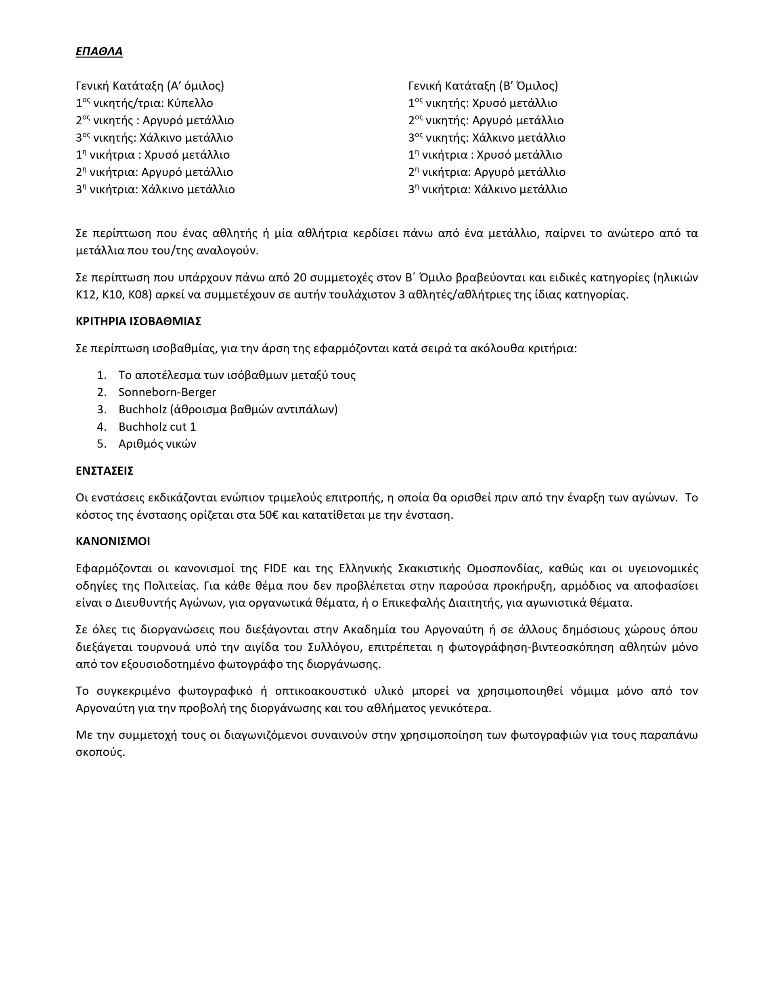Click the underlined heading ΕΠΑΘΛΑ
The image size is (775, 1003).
[x=99, y=51]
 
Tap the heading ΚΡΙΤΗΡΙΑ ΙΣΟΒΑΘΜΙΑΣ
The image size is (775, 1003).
[x=138, y=321]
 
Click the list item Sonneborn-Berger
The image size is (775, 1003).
[x=167, y=392]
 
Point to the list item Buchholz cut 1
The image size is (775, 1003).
[x=157, y=427]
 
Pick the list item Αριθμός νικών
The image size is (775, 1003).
[x=157, y=444]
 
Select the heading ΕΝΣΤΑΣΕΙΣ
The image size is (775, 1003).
[x=105, y=471]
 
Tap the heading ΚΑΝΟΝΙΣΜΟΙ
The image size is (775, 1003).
[x=113, y=541]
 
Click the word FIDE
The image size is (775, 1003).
[x=275, y=569]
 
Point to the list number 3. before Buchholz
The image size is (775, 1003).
[x=102, y=410]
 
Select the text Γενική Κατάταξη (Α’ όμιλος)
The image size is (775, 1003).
[x=150, y=86]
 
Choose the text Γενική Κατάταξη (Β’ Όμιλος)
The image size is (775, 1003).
[x=483, y=86]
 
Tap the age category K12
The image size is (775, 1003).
[x=85, y=295]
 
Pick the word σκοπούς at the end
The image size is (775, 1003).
[x=100, y=752]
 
